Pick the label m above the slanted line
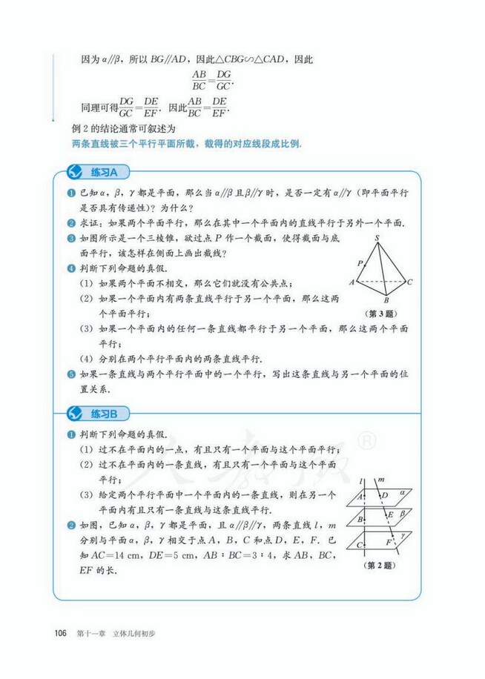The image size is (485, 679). coord(380,480)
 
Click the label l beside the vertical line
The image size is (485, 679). coord(360,482)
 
